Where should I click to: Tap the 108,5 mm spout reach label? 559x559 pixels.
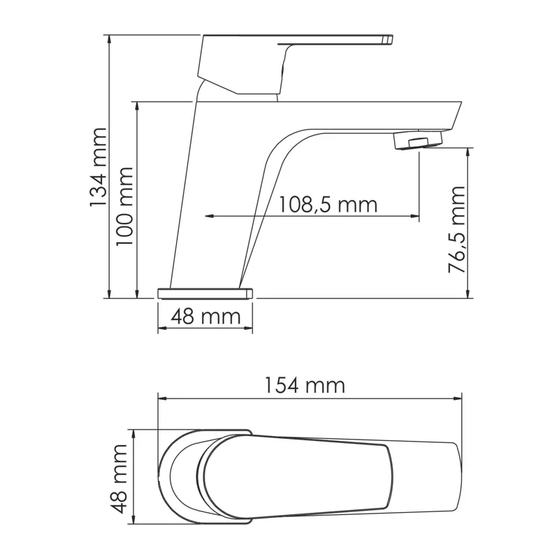click(x=328, y=205)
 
